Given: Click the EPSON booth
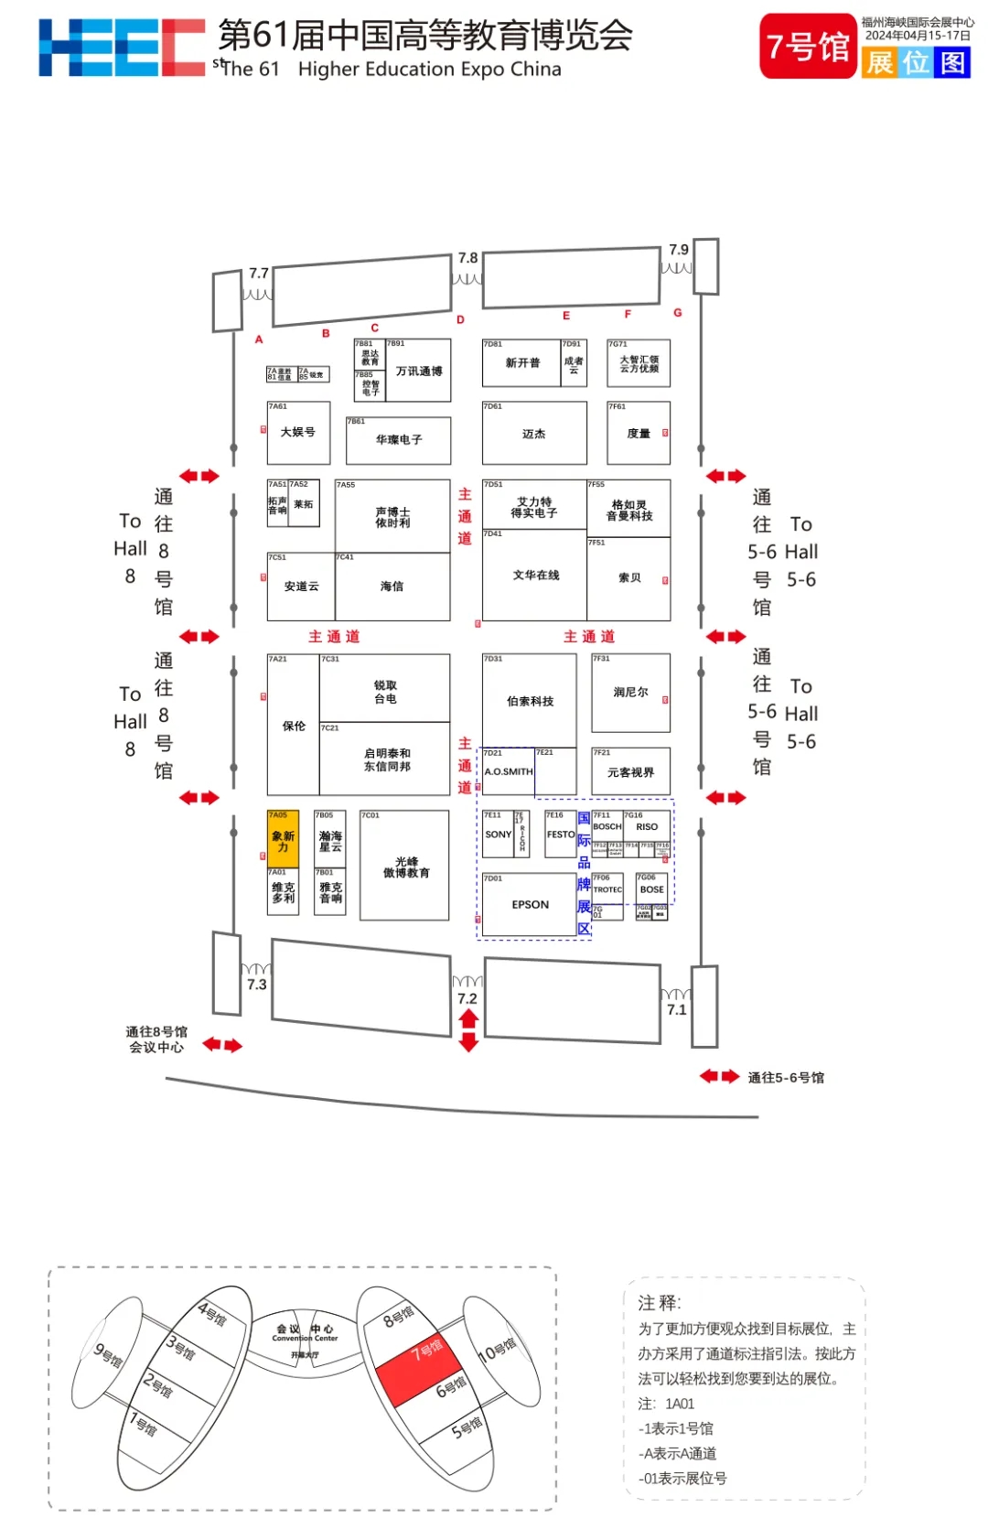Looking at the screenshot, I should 530,904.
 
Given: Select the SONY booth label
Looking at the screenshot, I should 498,834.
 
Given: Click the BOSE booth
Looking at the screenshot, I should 652,888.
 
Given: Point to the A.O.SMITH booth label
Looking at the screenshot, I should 509,771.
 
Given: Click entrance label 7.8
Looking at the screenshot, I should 467,258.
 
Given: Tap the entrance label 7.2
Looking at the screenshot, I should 467,998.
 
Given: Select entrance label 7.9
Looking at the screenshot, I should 679,249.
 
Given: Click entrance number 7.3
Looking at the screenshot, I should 257,985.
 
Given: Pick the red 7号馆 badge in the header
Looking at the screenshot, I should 808,46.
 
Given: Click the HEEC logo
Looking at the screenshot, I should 122,48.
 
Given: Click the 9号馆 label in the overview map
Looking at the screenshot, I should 108,1354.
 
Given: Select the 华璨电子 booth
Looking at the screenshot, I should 399,440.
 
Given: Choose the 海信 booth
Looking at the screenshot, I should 392,587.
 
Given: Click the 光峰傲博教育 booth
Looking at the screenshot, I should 405,867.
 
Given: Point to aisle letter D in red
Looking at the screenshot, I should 460,319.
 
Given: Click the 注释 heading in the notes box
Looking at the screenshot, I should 659,1302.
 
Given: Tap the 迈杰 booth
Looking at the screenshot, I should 534,434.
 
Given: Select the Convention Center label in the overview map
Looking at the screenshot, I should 305,1338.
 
